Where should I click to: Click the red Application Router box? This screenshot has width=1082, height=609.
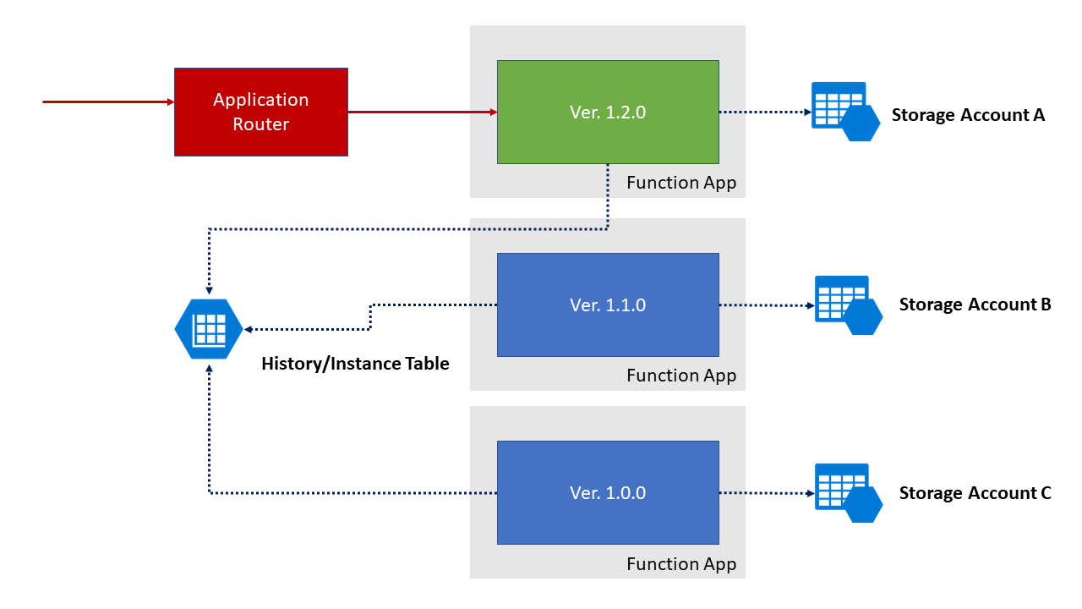tap(260, 112)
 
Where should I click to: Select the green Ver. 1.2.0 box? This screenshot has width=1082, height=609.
tap(608, 112)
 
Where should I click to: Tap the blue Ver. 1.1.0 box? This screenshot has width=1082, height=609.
tap(608, 304)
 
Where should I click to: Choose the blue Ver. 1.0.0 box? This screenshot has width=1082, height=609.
tap(608, 492)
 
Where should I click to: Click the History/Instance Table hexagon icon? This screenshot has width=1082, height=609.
tap(208, 328)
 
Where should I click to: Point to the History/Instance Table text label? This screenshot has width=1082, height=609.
tap(355, 364)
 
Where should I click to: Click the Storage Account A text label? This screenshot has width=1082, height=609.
tap(968, 115)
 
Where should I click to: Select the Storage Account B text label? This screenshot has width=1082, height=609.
tap(975, 304)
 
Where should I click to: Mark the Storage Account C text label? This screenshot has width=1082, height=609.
tap(975, 493)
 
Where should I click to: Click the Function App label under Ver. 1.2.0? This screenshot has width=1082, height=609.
tap(681, 183)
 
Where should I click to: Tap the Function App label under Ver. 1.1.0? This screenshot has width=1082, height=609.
tap(681, 376)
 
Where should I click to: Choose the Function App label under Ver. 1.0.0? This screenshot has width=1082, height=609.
tap(681, 564)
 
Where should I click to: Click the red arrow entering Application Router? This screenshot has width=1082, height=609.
tap(108, 101)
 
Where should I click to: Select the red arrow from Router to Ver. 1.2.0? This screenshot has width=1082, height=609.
tap(422, 111)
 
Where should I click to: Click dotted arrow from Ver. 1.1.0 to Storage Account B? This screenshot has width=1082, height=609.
tap(764, 305)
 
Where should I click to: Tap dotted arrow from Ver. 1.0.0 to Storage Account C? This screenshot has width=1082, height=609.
tap(764, 493)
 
